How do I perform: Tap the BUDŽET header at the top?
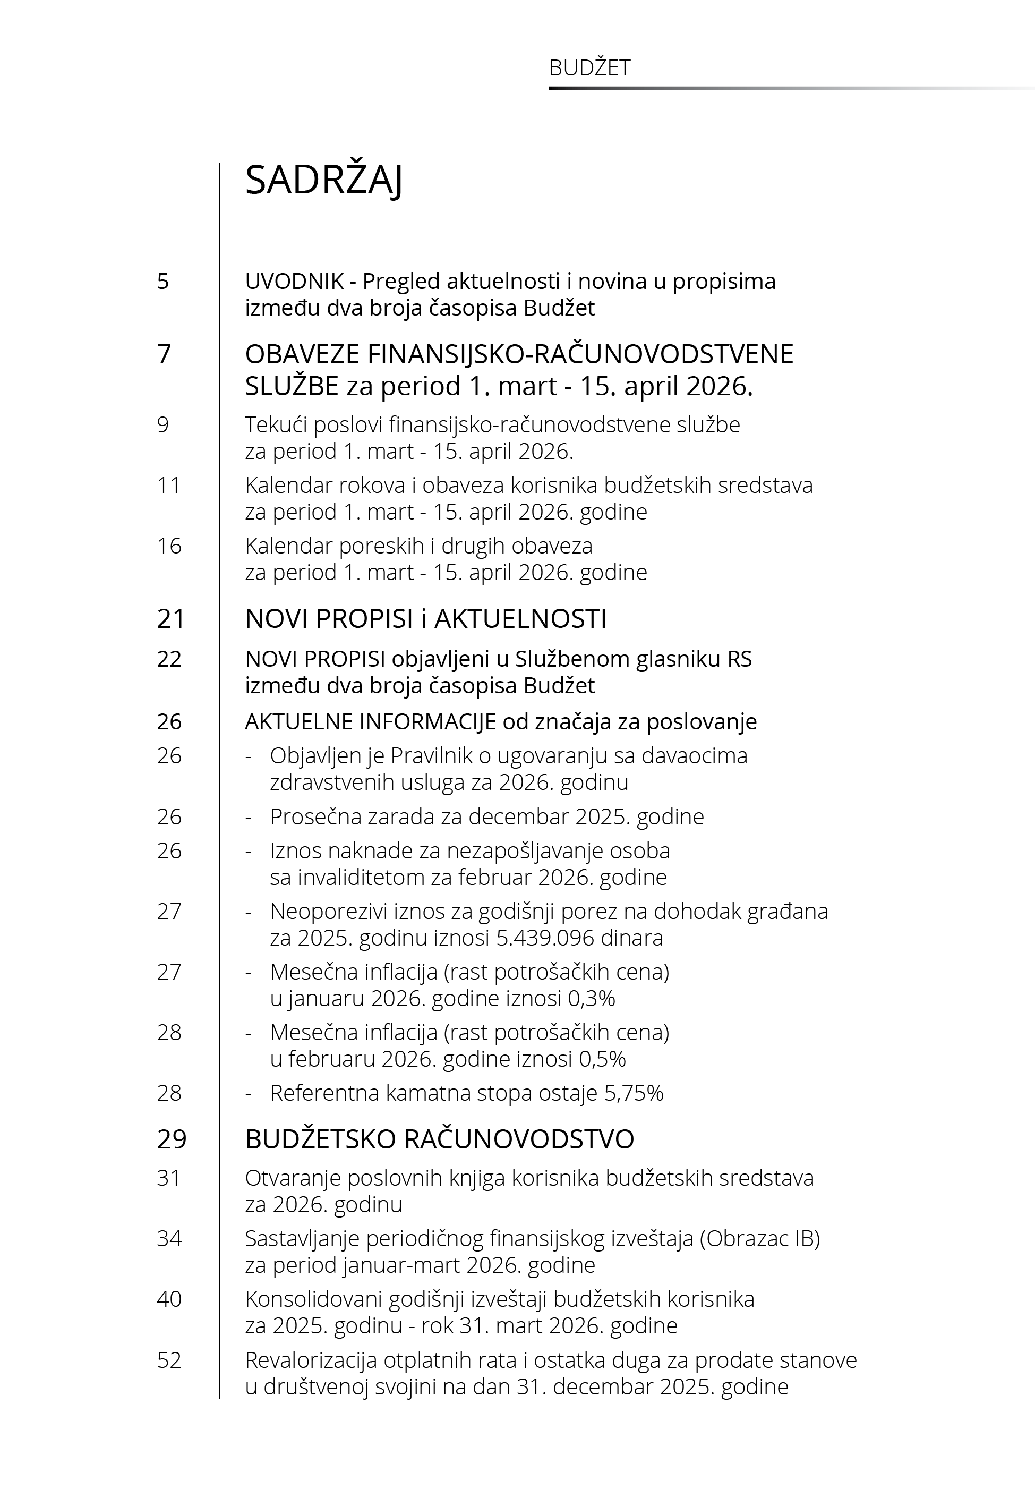589,68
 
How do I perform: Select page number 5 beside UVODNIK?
163,282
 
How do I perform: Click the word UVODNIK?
294,282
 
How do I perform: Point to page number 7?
164,354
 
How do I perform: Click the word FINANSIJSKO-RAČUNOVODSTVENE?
580,354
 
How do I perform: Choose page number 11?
169,485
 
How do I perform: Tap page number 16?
169,546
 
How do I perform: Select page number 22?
169,659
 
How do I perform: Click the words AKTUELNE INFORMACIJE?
370,721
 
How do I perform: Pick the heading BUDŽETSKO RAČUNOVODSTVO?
439,1139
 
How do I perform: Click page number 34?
169,1238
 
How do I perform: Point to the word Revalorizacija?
311,1359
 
